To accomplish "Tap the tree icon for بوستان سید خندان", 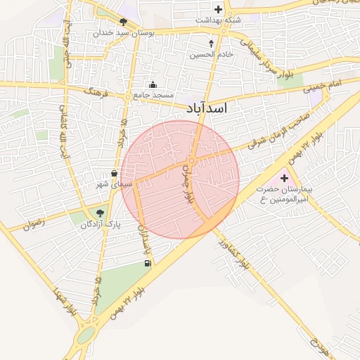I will [x=124, y=22].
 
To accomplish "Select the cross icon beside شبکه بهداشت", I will [x=218, y=10].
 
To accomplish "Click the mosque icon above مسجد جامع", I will [x=153, y=84].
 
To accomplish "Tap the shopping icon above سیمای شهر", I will [x=114, y=173].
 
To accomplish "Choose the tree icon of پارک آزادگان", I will [x=99, y=212].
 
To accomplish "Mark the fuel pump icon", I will [x=147, y=264].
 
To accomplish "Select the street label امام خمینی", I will [x=323, y=86].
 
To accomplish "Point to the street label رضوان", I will [x=33, y=224].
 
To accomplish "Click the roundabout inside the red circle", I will [x=191, y=160].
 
